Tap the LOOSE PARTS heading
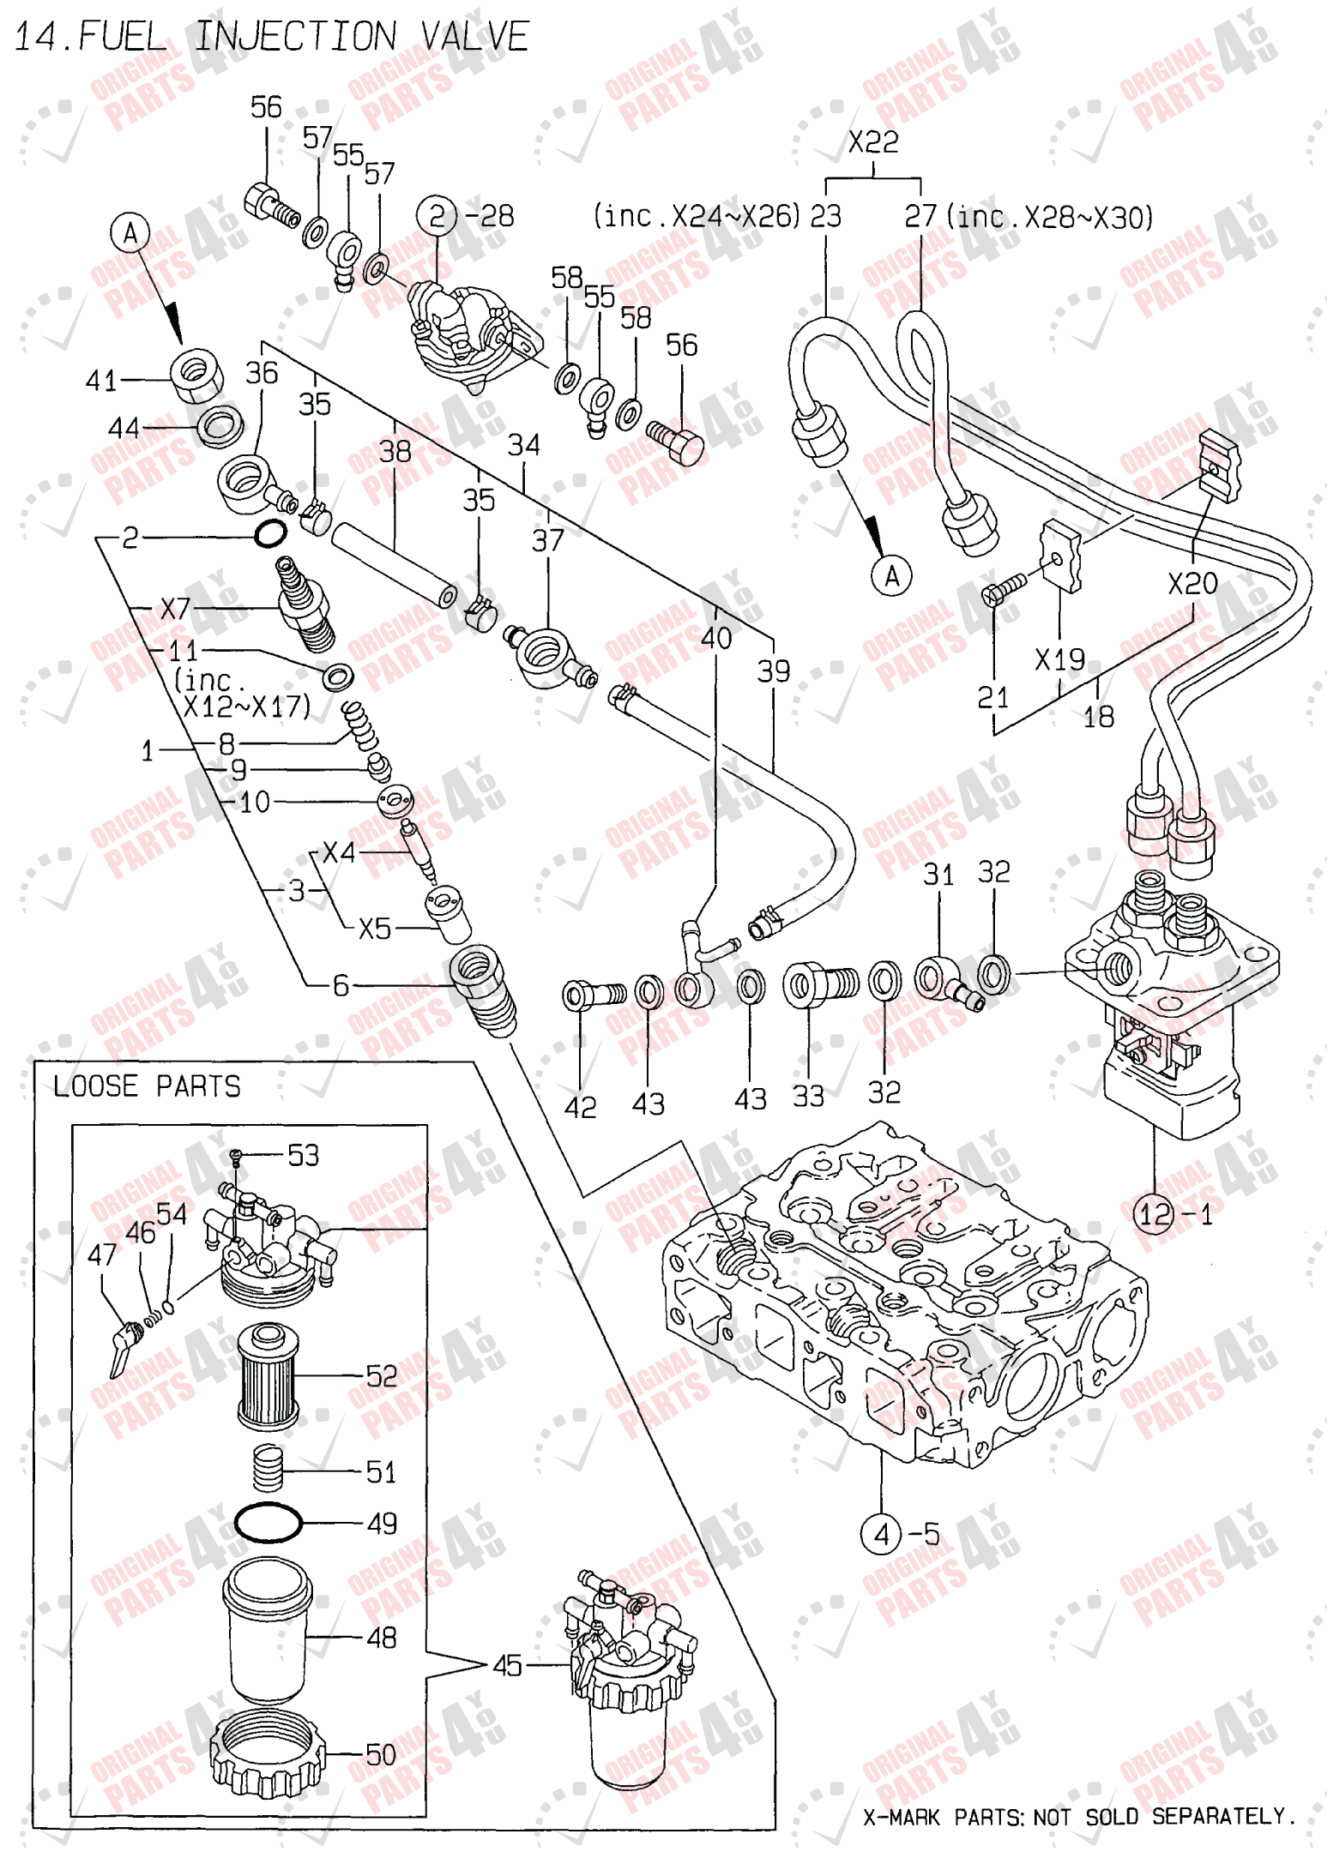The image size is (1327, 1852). [147, 1086]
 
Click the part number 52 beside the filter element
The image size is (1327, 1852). [381, 1376]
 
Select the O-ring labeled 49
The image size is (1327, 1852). [268, 1524]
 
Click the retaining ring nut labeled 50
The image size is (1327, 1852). [268, 1753]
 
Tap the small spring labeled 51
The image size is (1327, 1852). [268, 1468]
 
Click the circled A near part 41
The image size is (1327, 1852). [130, 233]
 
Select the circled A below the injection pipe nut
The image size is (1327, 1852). [891, 576]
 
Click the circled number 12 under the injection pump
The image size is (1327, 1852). [1154, 1214]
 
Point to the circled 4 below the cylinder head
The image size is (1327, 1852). [881, 1534]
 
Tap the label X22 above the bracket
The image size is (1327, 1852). [872, 141]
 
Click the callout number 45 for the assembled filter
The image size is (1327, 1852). [507, 1665]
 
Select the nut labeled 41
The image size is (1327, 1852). [197, 376]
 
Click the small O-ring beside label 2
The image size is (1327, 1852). [270, 534]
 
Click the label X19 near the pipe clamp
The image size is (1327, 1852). [1059, 660]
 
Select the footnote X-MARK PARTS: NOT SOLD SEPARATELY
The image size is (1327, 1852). [1078, 1817]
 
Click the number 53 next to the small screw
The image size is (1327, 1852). [303, 1155]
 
